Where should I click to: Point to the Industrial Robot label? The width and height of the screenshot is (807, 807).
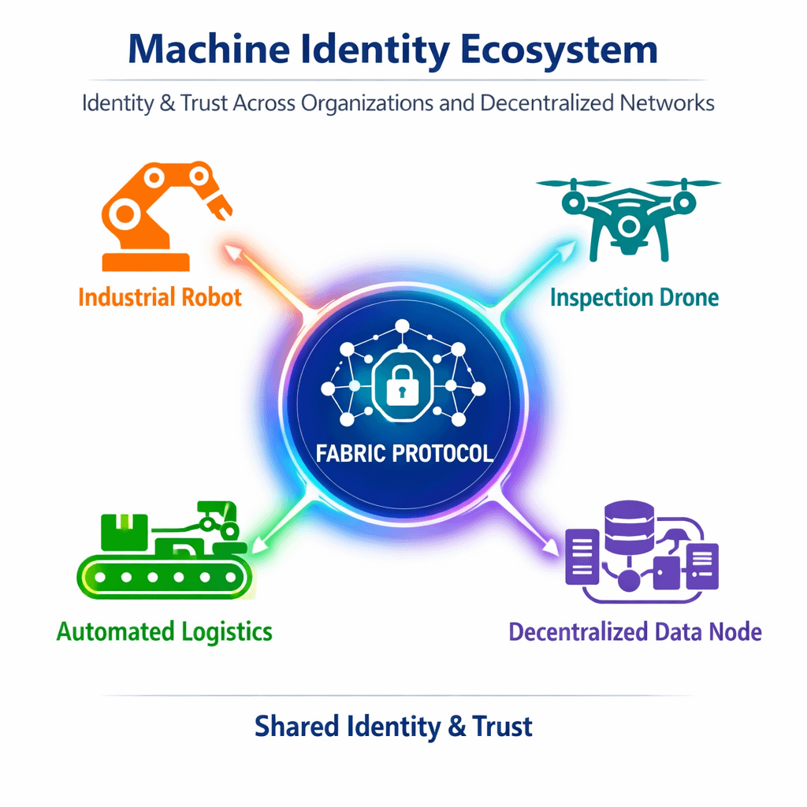click(160, 297)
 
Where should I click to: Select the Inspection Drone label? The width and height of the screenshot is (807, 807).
click(634, 298)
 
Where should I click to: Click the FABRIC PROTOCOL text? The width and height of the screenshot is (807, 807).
click(404, 453)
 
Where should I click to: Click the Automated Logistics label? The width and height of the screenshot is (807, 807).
click(165, 631)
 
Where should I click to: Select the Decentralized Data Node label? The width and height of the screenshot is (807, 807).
click(635, 631)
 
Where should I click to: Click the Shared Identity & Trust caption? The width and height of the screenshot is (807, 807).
click(393, 726)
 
